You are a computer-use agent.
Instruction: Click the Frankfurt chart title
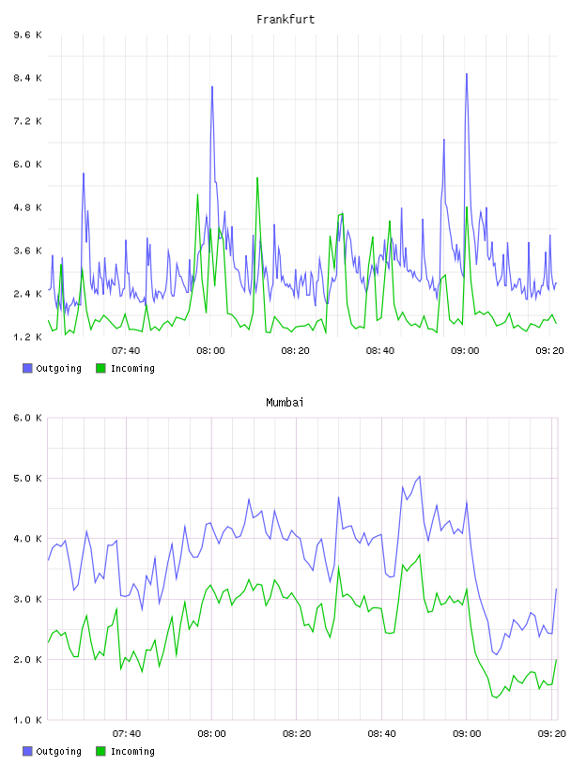(x=285, y=20)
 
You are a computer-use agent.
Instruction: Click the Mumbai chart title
(x=285, y=403)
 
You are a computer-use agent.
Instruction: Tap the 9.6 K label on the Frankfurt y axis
(x=27, y=35)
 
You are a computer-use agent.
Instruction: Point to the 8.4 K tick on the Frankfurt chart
(x=27, y=78)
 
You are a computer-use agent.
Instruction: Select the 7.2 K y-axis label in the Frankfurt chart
(x=27, y=121)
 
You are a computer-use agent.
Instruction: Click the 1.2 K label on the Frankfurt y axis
(x=27, y=337)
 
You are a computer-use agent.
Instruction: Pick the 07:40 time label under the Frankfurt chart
(x=126, y=351)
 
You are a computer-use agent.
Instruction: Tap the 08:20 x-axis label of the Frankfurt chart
(x=295, y=351)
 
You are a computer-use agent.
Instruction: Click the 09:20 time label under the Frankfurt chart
(x=549, y=351)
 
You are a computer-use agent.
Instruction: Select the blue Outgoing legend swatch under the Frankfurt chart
(x=27, y=368)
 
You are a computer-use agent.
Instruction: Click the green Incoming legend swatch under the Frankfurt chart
(x=100, y=368)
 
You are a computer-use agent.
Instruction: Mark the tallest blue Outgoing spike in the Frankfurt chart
(x=467, y=74)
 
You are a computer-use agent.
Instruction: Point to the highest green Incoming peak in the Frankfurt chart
(x=257, y=178)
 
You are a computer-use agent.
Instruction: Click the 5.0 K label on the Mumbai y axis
(x=27, y=478)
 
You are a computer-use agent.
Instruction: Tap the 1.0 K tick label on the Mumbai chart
(x=27, y=720)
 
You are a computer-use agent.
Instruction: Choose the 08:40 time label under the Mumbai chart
(x=381, y=734)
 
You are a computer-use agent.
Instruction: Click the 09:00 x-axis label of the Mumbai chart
(x=467, y=734)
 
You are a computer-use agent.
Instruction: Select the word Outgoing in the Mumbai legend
(x=58, y=751)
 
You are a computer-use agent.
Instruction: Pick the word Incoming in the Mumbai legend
(x=132, y=751)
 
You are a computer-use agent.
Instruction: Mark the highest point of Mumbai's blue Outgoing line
(x=420, y=476)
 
